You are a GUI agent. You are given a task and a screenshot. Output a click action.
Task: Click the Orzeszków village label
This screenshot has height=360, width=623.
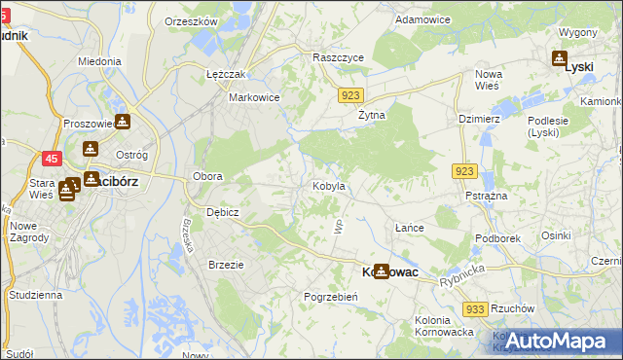click(191, 21)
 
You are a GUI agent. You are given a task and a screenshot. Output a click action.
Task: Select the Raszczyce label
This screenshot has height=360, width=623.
click(338, 57)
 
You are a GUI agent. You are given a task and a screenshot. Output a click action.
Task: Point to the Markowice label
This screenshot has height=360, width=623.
click(254, 97)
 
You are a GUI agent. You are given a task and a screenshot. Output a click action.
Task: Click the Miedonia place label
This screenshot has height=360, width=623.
click(100, 60)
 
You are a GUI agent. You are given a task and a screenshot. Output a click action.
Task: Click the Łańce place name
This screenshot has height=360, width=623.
click(409, 227)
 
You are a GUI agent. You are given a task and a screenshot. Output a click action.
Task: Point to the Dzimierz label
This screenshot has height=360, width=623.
click(479, 119)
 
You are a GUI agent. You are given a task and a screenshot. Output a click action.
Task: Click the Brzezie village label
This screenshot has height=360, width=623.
click(226, 264)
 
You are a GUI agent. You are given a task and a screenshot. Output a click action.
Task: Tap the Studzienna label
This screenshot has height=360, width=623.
click(35, 294)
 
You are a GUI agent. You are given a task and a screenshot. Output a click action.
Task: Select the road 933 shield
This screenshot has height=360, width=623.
click(475, 308)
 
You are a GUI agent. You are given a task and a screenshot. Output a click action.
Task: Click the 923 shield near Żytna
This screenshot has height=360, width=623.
click(352, 94)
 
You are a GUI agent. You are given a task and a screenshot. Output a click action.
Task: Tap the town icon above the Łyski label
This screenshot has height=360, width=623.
click(561, 57)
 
